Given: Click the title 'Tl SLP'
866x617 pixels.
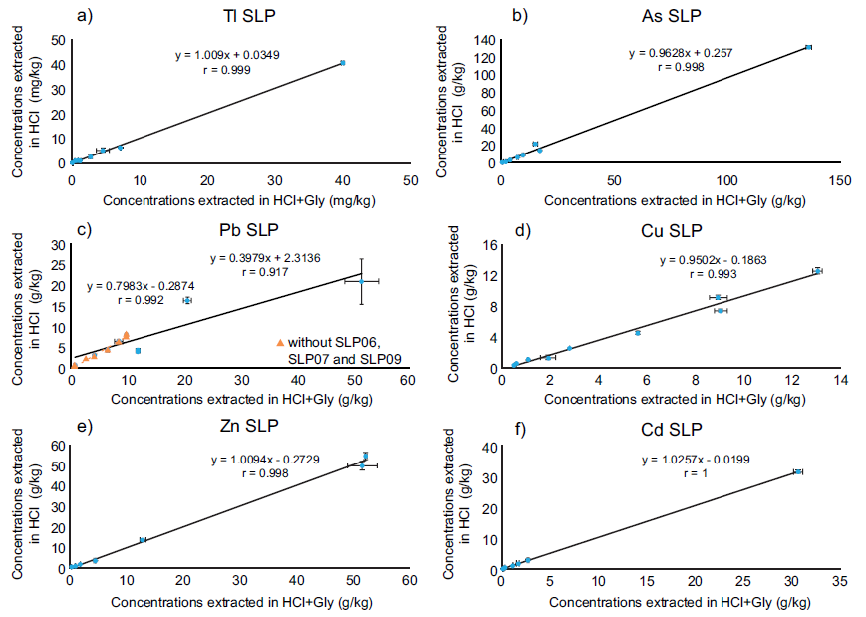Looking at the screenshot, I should point(244,16).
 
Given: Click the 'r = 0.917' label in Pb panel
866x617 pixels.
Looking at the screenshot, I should point(262,273).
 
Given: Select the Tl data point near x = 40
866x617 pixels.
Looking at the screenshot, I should point(342,63).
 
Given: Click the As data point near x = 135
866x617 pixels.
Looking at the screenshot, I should point(808,47).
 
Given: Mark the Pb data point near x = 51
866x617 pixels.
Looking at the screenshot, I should point(362,282).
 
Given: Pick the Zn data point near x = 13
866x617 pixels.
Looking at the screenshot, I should point(143,540).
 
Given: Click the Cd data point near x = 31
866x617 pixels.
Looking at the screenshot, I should point(798,471).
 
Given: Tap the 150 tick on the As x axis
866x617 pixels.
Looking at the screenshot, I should point(840,181).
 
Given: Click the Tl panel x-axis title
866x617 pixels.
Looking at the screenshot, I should point(240,200).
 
